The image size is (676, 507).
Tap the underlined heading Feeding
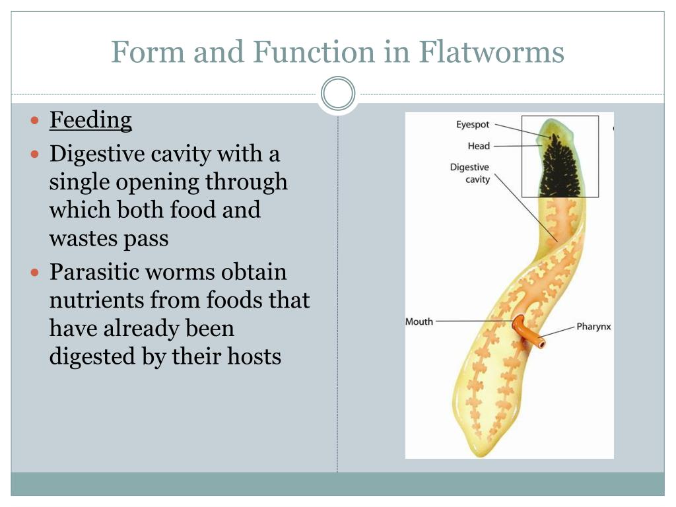click(90, 120)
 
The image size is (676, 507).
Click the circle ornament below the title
click(338, 94)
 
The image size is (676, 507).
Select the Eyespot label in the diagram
click(473, 125)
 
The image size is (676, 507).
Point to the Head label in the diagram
click(479, 146)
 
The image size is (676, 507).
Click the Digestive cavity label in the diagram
click(469, 173)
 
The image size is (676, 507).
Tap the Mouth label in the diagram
click(419, 321)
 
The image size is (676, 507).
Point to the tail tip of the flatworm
click(485, 452)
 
